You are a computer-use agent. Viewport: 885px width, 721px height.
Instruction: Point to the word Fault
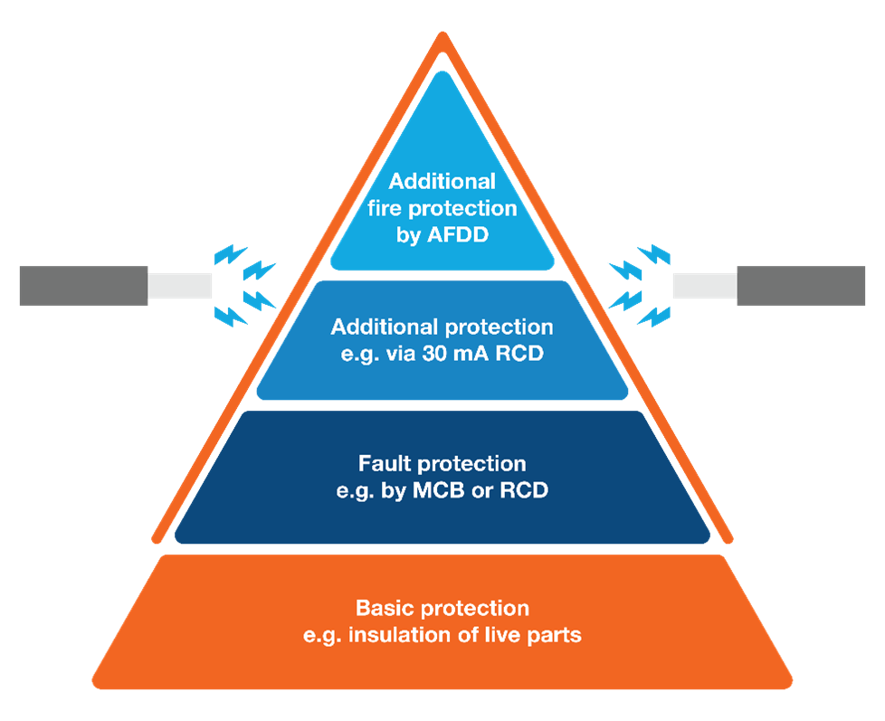386,464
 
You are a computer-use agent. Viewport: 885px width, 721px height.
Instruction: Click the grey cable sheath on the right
801,286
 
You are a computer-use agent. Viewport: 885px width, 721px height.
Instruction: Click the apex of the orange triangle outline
442,36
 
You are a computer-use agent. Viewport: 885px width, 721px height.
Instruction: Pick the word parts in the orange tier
553,635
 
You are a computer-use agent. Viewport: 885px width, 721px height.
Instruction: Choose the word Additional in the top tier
442,182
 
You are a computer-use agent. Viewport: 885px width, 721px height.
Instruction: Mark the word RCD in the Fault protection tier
524,491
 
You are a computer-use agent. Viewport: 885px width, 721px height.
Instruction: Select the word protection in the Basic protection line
476,607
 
